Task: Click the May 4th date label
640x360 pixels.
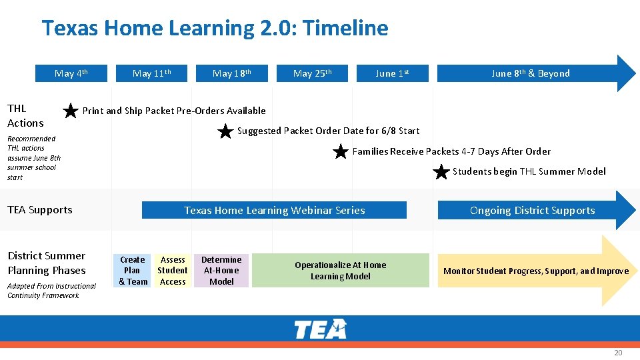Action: point(71,73)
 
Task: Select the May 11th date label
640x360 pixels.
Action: point(152,73)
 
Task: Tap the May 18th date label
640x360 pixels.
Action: point(232,73)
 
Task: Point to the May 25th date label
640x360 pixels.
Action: point(312,73)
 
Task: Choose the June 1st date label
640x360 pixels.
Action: point(392,73)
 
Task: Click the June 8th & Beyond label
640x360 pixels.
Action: point(531,73)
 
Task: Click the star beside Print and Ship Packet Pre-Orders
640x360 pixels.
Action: point(71,111)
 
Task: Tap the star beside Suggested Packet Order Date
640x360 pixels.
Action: point(226,131)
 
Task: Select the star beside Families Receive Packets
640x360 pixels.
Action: point(341,152)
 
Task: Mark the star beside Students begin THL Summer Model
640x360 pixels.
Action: point(441,173)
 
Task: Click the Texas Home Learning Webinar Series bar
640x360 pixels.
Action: point(274,211)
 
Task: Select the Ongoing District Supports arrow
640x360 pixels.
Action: point(532,211)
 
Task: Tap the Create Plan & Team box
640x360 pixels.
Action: point(133,271)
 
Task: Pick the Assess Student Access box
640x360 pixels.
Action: point(173,271)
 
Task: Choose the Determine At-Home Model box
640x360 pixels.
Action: point(221,271)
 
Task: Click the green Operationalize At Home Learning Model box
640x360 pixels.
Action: point(340,271)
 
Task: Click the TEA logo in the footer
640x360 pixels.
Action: point(320,329)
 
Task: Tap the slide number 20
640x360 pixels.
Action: point(617,353)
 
